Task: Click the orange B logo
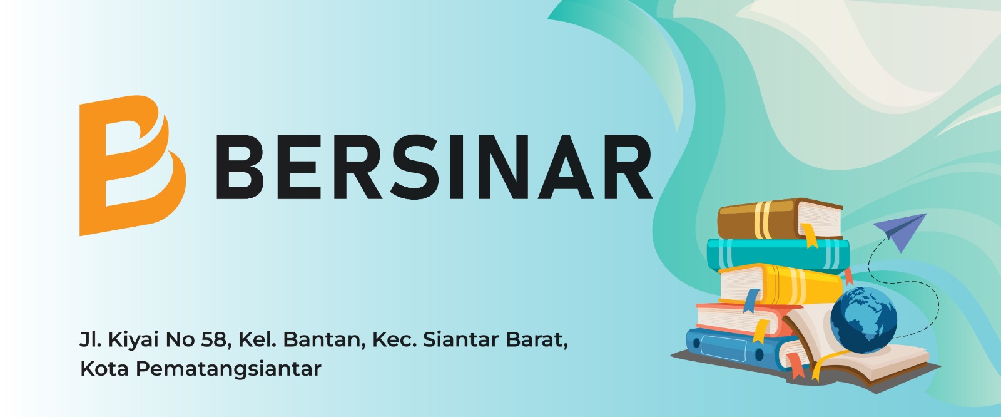coord(132,165)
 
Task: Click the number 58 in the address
coord(216,340)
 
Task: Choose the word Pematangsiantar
coord(228,369)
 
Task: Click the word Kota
coord(104,369)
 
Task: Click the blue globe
coord(863,319)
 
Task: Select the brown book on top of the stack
coord(780,219)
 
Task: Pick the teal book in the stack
coord(778,254)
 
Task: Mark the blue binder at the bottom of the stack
coord(733,347)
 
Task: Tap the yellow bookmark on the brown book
coord(810,235)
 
